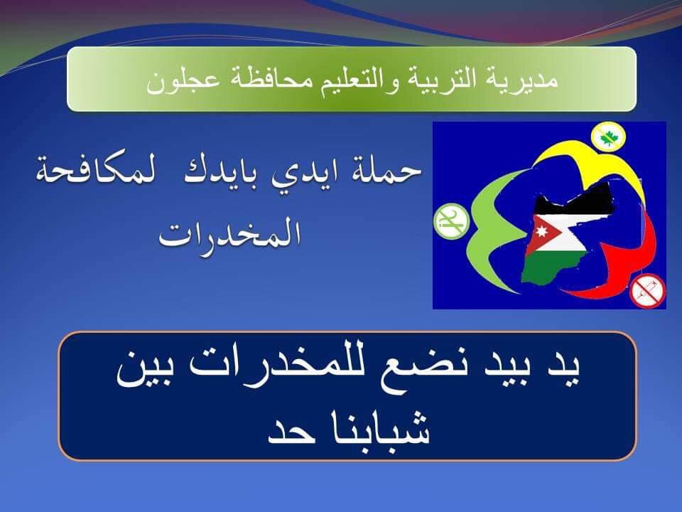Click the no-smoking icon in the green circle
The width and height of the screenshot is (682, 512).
tap(452, 221)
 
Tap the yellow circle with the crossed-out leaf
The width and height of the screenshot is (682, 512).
tap(608, 137)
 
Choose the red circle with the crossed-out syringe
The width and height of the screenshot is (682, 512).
tap(648, 290)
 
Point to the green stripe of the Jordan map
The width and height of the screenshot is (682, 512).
tap(553, 265)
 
